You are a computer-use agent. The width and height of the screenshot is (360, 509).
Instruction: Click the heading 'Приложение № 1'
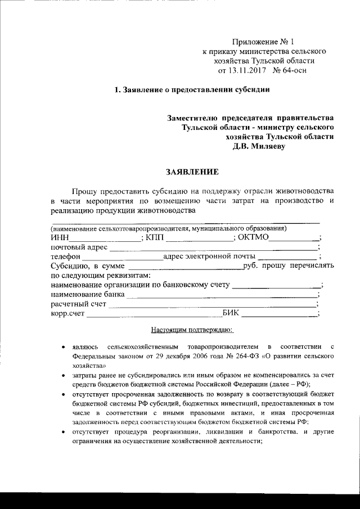pyautogui.click(x=263, y=42)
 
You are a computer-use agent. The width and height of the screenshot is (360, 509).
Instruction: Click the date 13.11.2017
pyautogui.click(x=246, y=71)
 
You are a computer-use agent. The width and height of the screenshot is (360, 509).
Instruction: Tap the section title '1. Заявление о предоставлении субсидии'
pyautogui.click(x=192, y=90)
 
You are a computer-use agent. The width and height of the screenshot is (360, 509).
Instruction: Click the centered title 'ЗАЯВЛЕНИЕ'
pyautogui.click(x=192, y=171)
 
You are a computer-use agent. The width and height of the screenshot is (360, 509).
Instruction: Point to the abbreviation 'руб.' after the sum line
pyautogui.click(x=250, y=266)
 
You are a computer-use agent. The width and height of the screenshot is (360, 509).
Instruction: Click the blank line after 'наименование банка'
pyautogui.click(x=222, y=296)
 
